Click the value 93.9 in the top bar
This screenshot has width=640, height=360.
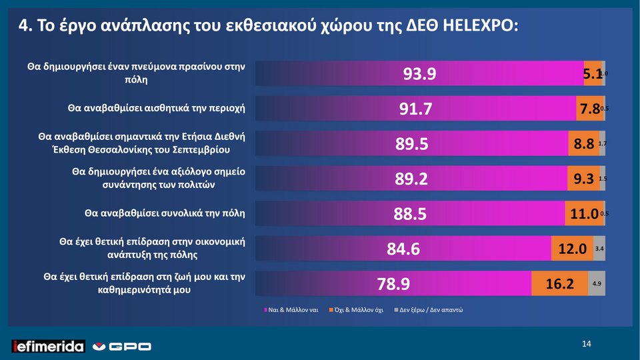point(420,74)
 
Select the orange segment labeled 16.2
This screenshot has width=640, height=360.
point(560,284)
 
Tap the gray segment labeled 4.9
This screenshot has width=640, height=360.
point(597,284)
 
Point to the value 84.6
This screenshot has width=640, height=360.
point(403,249)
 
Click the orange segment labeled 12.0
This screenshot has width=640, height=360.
point(572,249)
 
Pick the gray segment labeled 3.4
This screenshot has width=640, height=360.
point(599,249)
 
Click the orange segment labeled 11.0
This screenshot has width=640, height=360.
point(584,214)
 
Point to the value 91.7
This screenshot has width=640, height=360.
point(416,109)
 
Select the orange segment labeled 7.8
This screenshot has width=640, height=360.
point(589,109)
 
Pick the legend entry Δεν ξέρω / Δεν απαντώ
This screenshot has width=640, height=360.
point(430,310)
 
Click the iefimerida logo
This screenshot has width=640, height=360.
point(49,346)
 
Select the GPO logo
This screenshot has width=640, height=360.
point(121,346)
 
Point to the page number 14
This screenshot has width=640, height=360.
point(587,344)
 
